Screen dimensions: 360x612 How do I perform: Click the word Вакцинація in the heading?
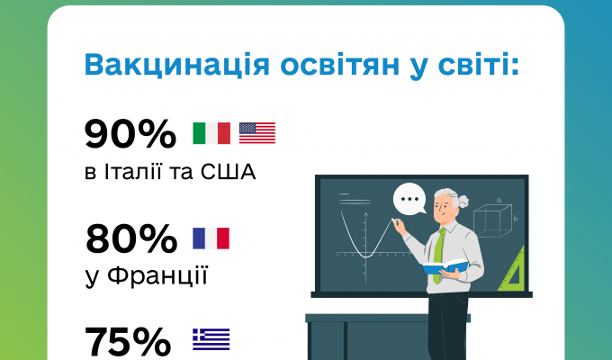pos(160,67)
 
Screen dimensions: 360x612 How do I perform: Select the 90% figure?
pos(130,134)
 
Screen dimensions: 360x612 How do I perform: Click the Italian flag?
pos(211,133)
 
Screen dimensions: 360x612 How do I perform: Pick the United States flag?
pos(257,133)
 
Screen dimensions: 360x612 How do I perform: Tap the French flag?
pos(211,238)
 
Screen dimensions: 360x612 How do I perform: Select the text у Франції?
pos(147,274)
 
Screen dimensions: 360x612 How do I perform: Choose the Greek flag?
pos(211,339)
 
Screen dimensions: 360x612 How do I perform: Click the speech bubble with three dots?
pos(409,199)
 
